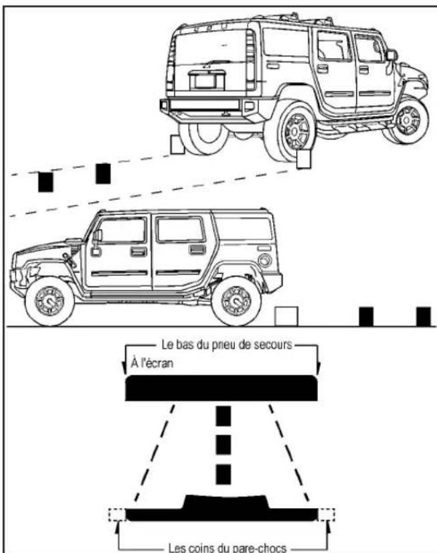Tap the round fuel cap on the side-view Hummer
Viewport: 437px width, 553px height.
coord(265,260)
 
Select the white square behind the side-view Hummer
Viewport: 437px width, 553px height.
coord(286,316)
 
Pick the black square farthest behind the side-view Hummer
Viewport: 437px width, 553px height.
coord(423,315)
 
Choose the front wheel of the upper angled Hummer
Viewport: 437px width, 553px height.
coord(408,120)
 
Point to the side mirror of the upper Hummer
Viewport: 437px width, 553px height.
coord(391,56)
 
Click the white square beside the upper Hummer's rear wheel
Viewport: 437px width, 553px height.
coord(304,159)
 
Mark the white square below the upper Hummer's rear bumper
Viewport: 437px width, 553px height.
coord(177,145)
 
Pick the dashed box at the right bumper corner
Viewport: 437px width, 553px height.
coord(327,515)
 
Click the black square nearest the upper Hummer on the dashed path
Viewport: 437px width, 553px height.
coord(102,173)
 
